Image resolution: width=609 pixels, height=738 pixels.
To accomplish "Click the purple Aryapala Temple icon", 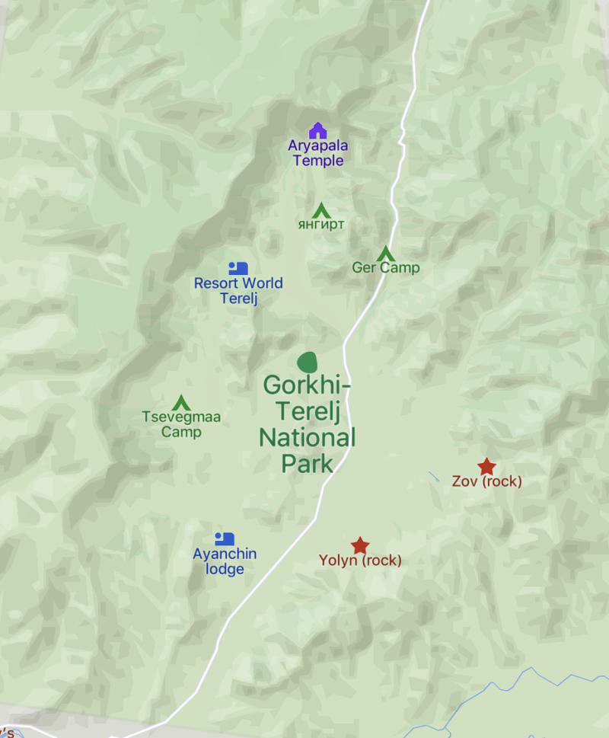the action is coord(317,131).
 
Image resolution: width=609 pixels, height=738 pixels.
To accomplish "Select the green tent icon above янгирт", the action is coord(320,209).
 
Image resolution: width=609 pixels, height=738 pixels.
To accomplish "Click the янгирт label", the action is coord(321,225).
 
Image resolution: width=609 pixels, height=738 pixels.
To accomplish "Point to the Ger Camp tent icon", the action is coord(385,253).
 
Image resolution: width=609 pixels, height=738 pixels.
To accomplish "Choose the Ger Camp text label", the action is coord(385,268).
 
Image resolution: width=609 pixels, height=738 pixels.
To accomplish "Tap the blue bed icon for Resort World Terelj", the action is coord(238,268).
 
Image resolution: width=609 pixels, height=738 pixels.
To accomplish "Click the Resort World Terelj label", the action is coord(238,290).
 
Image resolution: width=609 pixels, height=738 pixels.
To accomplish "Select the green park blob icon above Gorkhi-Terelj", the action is coord(306,363).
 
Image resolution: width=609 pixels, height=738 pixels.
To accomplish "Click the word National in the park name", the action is coord(307,437).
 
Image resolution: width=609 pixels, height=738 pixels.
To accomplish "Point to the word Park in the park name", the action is coord(307,463).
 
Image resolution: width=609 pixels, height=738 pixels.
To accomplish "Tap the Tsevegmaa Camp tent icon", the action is coord(181,402).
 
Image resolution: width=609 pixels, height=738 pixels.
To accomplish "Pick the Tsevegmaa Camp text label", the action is coord(181,424).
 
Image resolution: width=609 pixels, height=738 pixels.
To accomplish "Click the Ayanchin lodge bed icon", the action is coord(224,538).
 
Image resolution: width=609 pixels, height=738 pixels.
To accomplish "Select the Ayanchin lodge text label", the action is coord(225,561).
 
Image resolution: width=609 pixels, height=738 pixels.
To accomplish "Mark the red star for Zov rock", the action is coord(486,466).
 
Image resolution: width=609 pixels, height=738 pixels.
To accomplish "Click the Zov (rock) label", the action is coord(486,481).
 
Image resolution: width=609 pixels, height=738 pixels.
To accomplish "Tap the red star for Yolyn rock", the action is coord(360,545).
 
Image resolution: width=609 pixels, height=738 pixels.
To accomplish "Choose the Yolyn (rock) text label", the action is coord(360,561).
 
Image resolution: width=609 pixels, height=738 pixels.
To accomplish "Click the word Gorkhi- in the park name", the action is coord(307,385).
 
